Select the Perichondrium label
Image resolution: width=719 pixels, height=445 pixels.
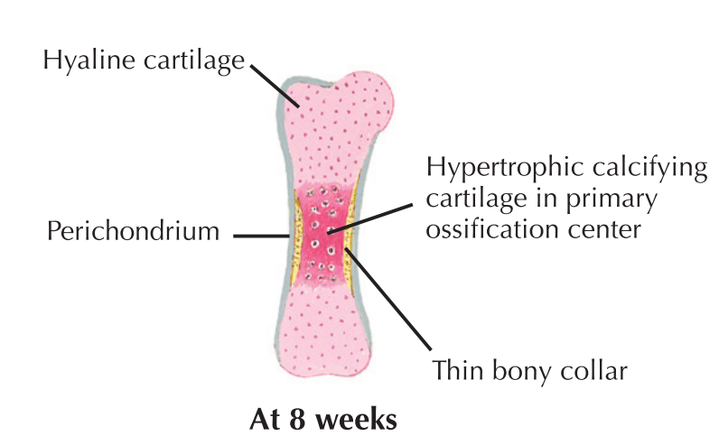tap(134, 232)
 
